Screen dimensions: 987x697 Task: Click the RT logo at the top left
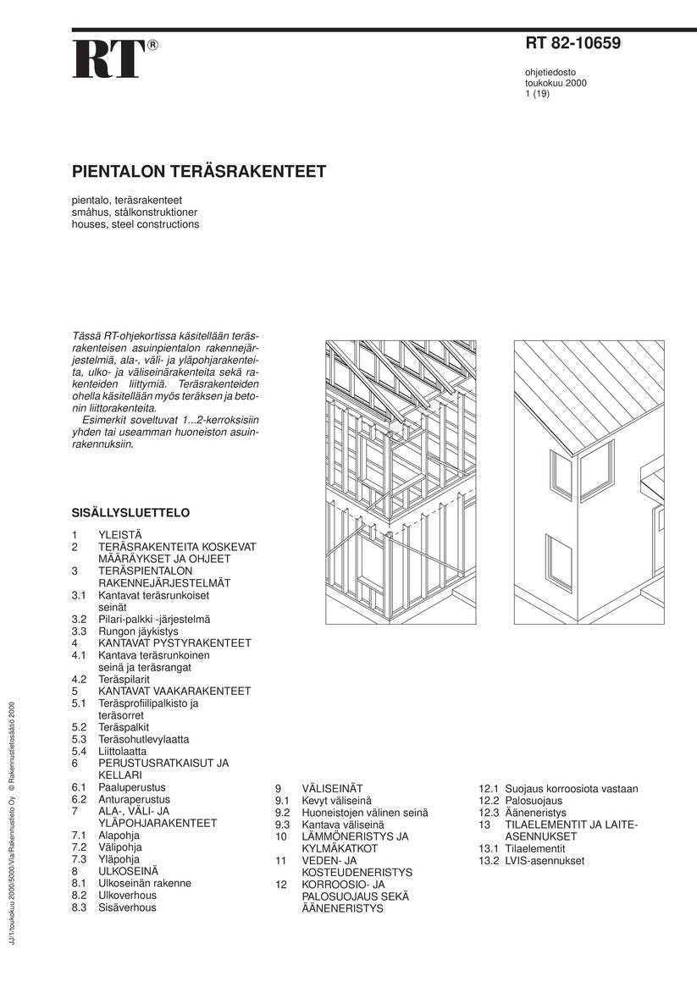pyautogui.click(x=107, y=59)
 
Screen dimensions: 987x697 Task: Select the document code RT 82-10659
pyautogui.click(x=573, y=44)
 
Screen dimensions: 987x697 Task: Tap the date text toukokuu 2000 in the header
pyautogui.click(x=555, y=83)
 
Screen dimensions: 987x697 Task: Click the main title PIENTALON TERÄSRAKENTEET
pyautogui.click(x=199, y=172)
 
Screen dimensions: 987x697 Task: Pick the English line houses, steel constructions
pyautogui.click(x=136, y=224)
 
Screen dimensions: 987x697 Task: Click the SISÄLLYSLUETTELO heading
pyautogui.click(x=130, y=513)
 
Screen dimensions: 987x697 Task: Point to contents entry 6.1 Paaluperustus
pyautogui.click(x=131, y=787)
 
